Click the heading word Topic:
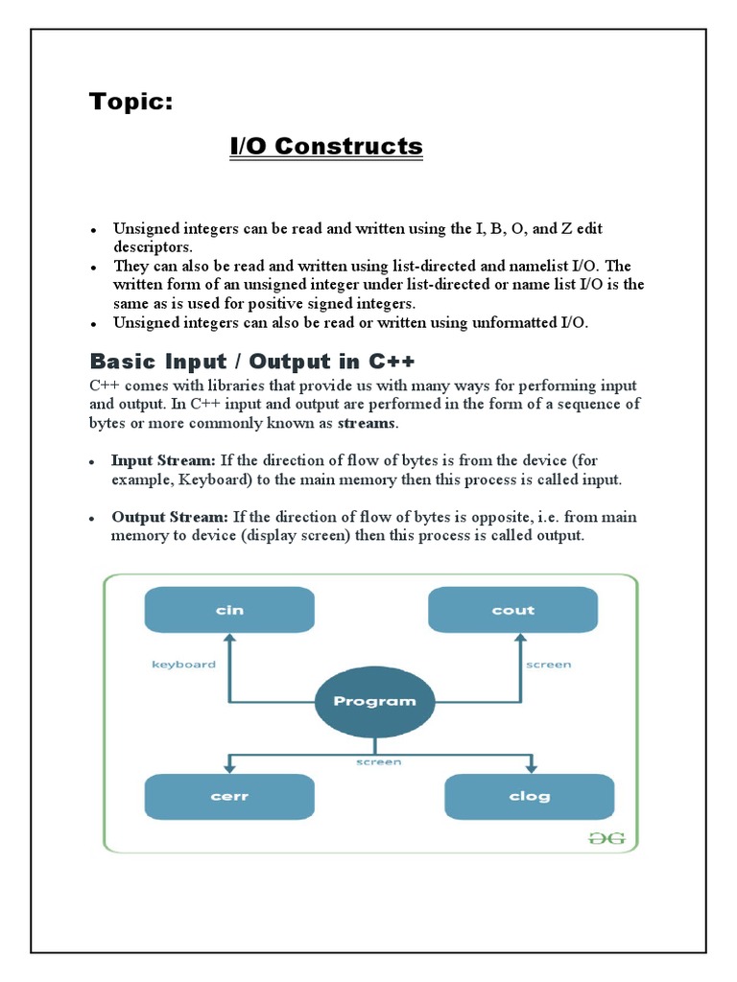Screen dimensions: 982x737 [131, 102]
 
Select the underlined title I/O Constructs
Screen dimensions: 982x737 [325, 147]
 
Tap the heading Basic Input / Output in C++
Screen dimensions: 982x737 [252, 362]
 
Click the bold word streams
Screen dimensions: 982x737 [368, 423]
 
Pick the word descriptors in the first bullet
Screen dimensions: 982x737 [151, 246]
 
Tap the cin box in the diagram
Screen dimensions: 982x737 [228, 610]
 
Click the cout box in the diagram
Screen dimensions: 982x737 [512, 610]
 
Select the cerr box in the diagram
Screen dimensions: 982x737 [228, 796]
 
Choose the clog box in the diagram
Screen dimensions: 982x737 [529, 796]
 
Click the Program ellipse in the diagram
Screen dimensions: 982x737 [374, 701]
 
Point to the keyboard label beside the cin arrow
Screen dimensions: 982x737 [183, 664]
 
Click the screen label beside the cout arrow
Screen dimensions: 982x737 [548, 664]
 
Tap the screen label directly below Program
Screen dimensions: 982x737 [379, 761]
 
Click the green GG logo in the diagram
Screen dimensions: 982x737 [606, 837]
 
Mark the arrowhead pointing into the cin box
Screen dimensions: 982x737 [228, 640]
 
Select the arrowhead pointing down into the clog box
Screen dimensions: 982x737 [529, 766]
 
